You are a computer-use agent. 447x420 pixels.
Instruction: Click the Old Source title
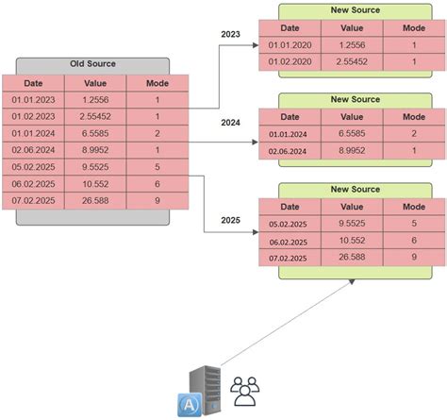coord(91,64)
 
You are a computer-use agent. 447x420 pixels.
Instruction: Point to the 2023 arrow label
coord(230,34)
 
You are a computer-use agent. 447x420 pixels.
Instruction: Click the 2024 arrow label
coord(230,123)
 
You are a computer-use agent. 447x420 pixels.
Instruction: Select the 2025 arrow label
coord(230,221)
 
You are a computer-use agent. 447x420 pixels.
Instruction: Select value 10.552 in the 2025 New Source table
coord(354,241)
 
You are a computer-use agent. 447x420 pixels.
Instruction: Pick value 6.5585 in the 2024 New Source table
coord(354,134)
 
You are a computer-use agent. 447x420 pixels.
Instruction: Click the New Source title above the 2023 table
coord(355,10)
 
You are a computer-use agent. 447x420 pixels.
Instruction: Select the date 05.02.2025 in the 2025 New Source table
coord(289,225)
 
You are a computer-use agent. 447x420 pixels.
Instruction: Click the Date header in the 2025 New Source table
coord(289,207)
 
